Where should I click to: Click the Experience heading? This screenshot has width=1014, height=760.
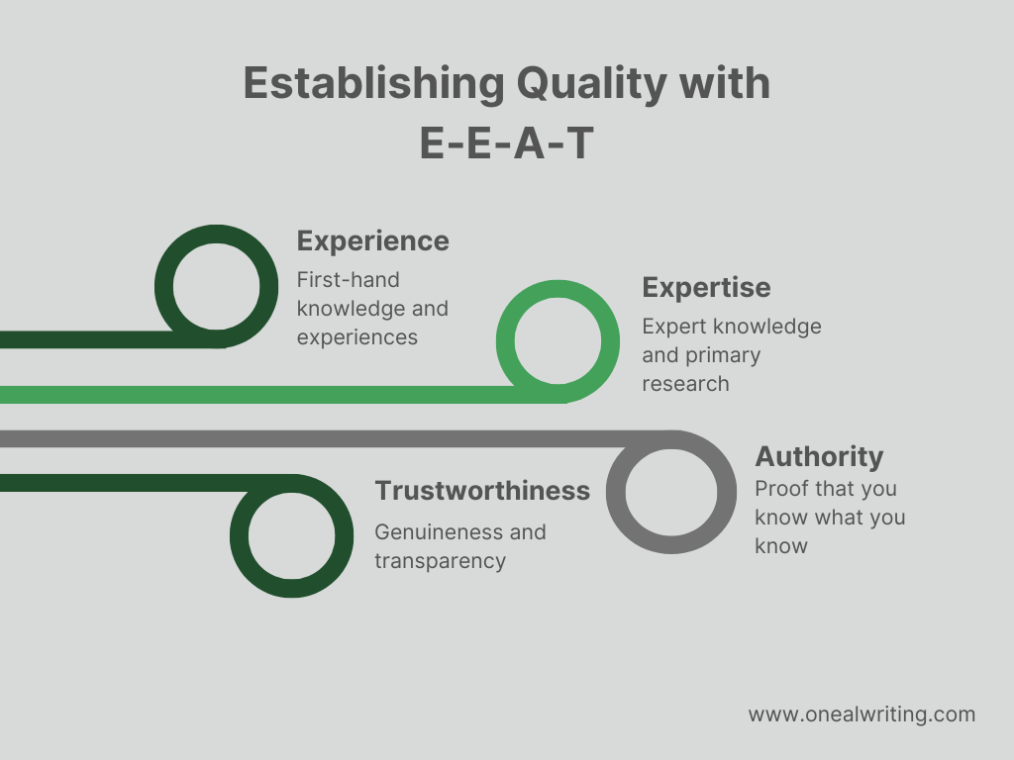click(372, 240)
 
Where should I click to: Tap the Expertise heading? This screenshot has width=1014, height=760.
click(705, 287)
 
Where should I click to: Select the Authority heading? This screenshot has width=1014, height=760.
click(818, 456)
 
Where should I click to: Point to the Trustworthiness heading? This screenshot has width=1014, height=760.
click(481, 491)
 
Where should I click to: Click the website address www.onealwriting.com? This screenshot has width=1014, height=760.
click(861, 713)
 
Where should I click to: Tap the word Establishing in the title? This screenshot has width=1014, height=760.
click(370, 84)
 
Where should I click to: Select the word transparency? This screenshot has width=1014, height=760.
click(439, 560)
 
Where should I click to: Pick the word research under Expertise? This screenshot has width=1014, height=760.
click(684, 383)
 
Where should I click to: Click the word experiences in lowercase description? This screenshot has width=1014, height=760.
click(356, 336)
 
